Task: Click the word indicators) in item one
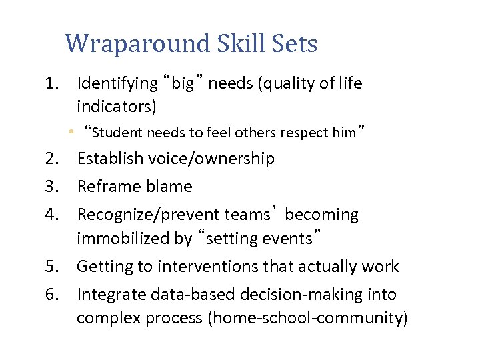(117, 106)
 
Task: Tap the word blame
(170, 187)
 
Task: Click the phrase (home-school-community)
(307, 318)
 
